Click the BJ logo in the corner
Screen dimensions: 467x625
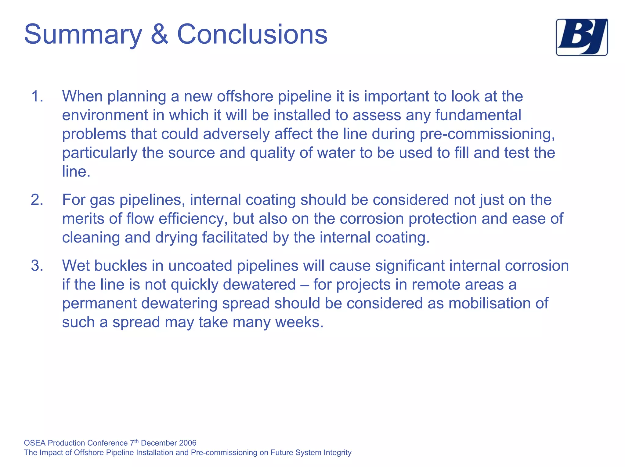click(582, 37)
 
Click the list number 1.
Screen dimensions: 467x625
click(37, 96)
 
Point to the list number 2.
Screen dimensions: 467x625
click(37, 200)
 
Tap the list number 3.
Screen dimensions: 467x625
click(37, 266)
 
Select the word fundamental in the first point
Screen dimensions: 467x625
click(478, 115)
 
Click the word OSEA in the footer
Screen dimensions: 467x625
click(35, 443)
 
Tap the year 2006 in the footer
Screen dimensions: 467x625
click(188, 443)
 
